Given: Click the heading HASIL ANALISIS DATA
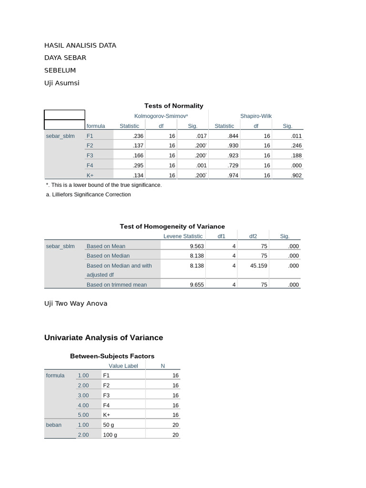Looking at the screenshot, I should point(80,45).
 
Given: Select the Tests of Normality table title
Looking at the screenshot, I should point(173,106).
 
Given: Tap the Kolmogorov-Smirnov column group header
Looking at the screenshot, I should point(161,116).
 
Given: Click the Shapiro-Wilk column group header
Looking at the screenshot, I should point(256,116).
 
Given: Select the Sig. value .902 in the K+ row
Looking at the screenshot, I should point(296,175).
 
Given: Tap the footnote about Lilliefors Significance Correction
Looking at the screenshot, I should point(88,194).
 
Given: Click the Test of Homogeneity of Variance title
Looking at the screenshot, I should point(172,226).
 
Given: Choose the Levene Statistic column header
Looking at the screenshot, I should point(183,236).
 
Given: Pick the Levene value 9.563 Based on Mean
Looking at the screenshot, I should point(197,246).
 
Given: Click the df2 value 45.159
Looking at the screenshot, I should point(259,265).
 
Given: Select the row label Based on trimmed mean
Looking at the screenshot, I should point(117,285).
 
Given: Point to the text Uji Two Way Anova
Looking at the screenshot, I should point(76,303).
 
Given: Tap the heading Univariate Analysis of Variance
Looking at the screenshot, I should point(103,337).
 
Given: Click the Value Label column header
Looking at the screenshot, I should point(123,366).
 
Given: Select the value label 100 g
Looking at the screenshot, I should point(110,435).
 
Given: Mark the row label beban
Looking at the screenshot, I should point(54,425).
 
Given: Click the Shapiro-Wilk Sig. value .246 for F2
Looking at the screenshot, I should point(296,145).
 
